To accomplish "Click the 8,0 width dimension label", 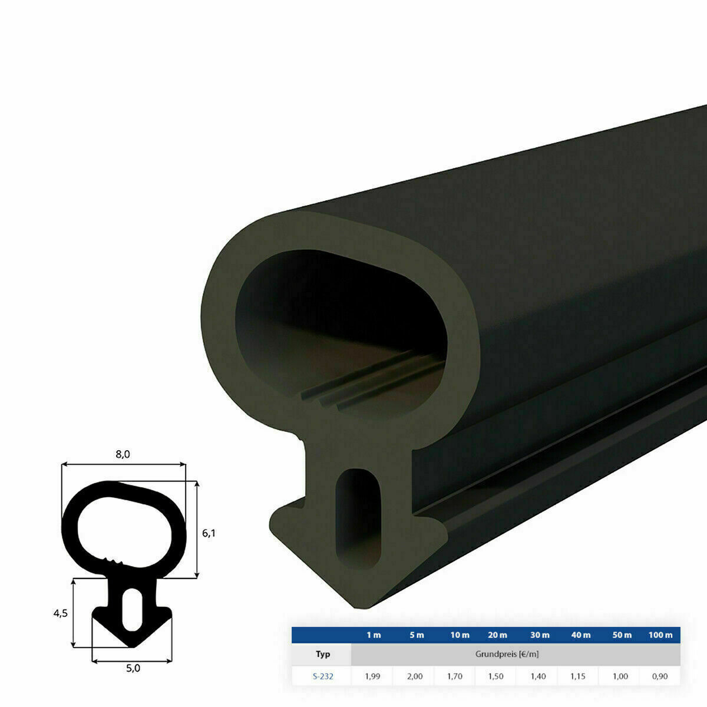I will coord(123,454).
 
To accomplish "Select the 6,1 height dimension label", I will coord(209,533).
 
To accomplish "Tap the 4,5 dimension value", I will coord(60,613).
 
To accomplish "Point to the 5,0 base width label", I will coord(133,668).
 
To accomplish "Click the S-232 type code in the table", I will coord(323,676).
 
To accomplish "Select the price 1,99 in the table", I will coord(372,676).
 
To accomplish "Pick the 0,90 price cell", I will coord(660,676).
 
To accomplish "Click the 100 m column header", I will coord(660,635).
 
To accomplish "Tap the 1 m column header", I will coord(374,635).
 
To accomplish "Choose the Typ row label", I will coord(323,654).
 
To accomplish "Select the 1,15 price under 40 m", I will coord(580,676).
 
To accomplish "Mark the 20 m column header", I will coord(497,635).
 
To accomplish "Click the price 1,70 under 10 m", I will coord(455,676).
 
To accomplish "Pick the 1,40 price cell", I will coord(538,676).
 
